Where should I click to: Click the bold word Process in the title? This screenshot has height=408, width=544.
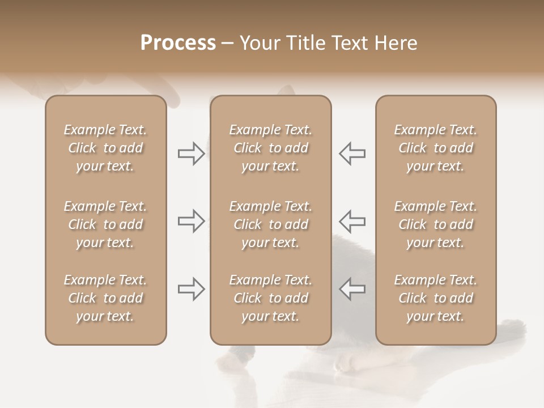click(178, 42)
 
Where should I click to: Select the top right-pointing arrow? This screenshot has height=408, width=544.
click(191, 154)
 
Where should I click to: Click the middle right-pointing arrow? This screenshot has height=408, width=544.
click(191, 221)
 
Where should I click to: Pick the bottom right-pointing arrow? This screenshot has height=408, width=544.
click(191, 289)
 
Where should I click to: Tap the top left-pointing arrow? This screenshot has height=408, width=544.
click(352, 154)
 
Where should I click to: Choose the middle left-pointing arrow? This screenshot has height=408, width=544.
click(352, 221)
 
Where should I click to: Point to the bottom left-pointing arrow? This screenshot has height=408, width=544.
click(352, 289)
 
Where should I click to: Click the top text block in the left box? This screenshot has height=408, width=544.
click(105, 148)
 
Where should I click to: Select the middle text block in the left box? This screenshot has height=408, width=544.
click(105, 224)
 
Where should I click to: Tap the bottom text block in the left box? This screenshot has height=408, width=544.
click(105, 298)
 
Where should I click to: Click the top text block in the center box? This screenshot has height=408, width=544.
click(271, 148)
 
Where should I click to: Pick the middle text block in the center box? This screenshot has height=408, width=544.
click(271, 224)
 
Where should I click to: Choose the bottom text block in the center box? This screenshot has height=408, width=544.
click(271, 298)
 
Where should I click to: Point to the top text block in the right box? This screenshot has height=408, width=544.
click(436, 148)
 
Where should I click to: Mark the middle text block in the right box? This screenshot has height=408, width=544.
click(436, 224)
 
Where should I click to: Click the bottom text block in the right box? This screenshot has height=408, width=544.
click(436, 298)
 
